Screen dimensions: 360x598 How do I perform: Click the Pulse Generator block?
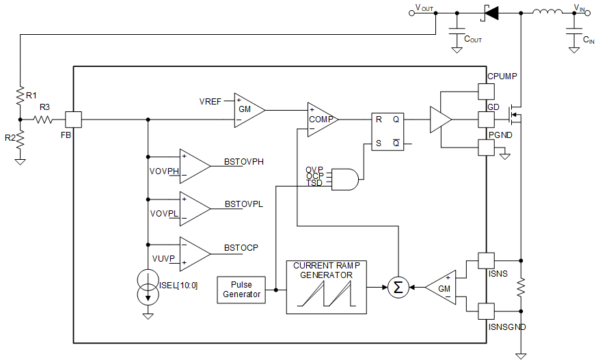coord(241,290)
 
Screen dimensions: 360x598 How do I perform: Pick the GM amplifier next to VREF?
coord(247,109)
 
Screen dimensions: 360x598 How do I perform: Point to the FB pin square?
coord(73,120)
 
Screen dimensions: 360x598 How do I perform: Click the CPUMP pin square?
coord(485,91)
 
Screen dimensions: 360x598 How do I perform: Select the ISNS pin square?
coord(485,260)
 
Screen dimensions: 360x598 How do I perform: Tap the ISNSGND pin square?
coord(485,311)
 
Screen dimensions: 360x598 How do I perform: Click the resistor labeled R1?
coord(21,96)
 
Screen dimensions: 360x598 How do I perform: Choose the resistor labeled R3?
coord(44,120)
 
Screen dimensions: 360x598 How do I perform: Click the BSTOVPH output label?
coord(244,163)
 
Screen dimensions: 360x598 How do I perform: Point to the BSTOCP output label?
coord(241,247)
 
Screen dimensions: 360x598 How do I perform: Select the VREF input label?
coord(210,102)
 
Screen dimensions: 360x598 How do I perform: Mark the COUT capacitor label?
coord(473,40)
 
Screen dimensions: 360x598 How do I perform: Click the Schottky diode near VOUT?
coord(490,12)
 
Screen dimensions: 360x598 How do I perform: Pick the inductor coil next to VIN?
coord(545,12)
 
